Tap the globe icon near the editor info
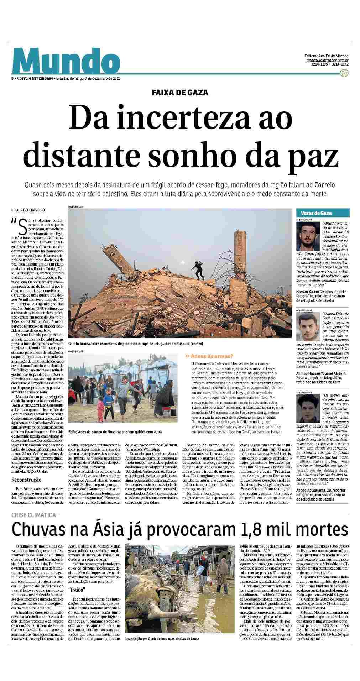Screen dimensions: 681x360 344,73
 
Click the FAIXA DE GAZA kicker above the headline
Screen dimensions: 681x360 180,93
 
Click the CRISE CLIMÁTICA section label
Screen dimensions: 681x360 34,515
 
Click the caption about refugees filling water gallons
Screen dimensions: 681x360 115,432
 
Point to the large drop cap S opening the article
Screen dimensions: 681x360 22,225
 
